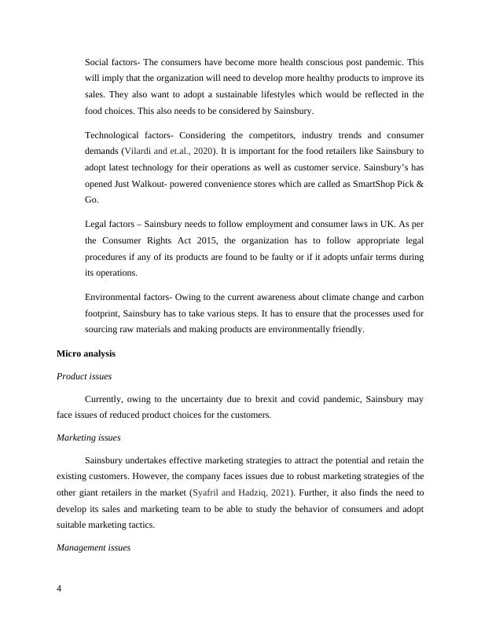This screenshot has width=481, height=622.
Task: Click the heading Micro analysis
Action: pos(86,354)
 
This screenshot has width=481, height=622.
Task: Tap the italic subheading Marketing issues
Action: pos(88,437)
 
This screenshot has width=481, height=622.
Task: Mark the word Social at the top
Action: pos(98,60)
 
